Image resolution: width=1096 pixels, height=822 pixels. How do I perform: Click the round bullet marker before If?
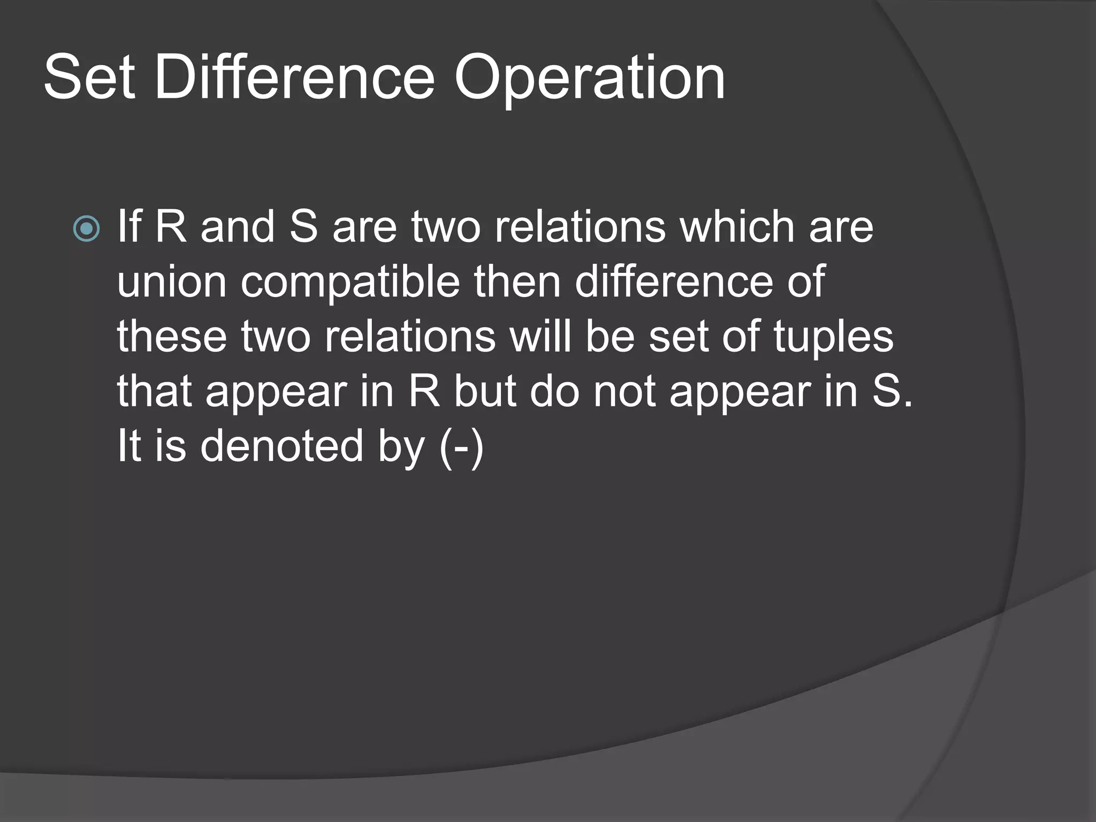(86, 229)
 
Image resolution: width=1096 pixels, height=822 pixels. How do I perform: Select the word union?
(171, 282)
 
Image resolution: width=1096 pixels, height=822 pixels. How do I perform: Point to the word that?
(154, 392)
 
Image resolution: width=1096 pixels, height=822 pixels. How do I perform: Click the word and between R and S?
(237, 227)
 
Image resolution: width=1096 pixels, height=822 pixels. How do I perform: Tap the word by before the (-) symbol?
(401, 448)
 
